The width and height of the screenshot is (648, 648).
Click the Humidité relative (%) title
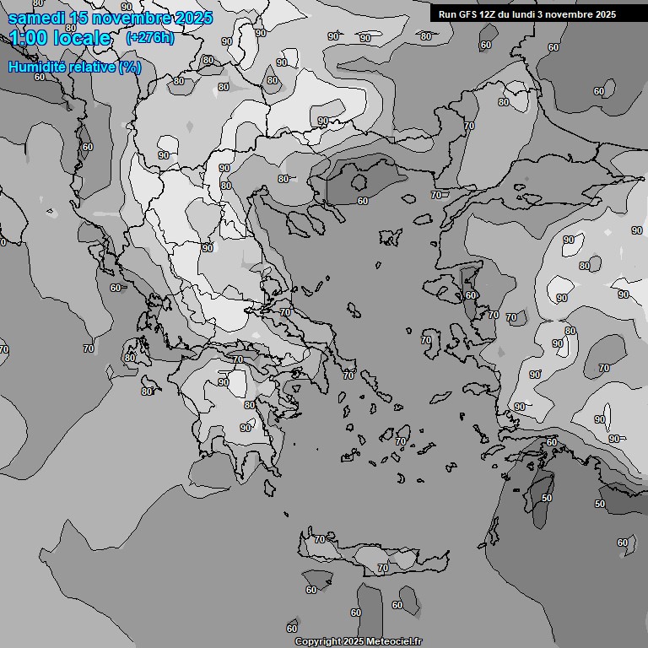tap(74, 67)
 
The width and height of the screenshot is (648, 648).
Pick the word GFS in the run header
tap(467, 14)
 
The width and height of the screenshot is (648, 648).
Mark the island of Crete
tap(371, 557)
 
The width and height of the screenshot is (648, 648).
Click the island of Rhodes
tap(542, 493)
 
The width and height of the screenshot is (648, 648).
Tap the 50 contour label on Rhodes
tap(547, 498)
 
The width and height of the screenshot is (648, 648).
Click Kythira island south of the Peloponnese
tap(271, 489)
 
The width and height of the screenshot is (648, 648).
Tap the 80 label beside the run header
tap(425, 36)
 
